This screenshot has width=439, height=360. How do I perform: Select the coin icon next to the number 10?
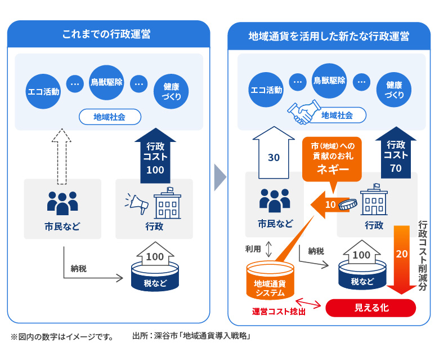350,204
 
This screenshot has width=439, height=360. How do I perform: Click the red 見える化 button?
371,308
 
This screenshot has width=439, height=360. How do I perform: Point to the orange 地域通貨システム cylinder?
270,281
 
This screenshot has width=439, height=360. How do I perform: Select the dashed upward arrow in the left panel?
63,155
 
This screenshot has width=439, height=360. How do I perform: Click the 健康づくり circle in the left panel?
171,91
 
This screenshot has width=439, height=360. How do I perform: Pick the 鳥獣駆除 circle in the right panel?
330,81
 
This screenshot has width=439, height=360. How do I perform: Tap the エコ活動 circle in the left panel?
43,91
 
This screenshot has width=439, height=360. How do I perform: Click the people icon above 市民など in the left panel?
62,202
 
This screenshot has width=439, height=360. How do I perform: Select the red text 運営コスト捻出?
279,311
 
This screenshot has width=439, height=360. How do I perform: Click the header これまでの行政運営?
107,34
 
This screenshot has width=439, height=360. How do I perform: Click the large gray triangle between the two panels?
219,178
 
